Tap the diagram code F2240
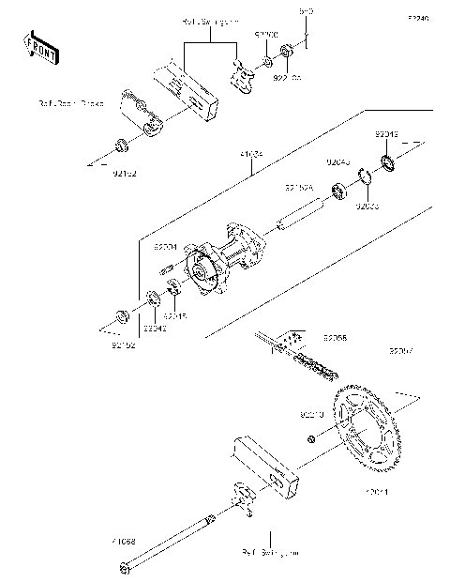click(417, 18)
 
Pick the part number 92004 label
click(165, 246)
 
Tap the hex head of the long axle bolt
click(125, 566)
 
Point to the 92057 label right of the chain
click(401, 351)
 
